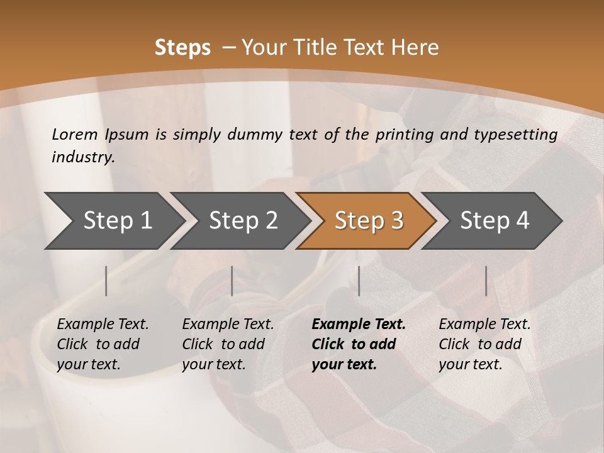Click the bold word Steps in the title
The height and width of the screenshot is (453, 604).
click(x=182, y=48)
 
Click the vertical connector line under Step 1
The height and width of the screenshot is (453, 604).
click(x=106, y=281)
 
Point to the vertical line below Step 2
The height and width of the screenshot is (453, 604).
click(x=232, y=281)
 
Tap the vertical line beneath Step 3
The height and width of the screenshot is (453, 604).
click(x=359, y=281)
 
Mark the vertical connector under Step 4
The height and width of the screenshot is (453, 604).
click(x=486, y=281)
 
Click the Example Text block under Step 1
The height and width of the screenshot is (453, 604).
click(x=103, y=344)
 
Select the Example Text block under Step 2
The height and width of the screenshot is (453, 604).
click(x=228, y=344)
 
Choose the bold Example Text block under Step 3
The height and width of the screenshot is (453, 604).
click(x=358, y=344)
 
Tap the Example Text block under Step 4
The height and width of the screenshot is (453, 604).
click(x=484, y=344)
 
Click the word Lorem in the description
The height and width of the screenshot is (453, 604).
click(x=74, y=134)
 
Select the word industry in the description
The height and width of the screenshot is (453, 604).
click(x=82, y=157)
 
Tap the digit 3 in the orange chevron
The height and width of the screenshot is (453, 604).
click(x=396, y=220)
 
